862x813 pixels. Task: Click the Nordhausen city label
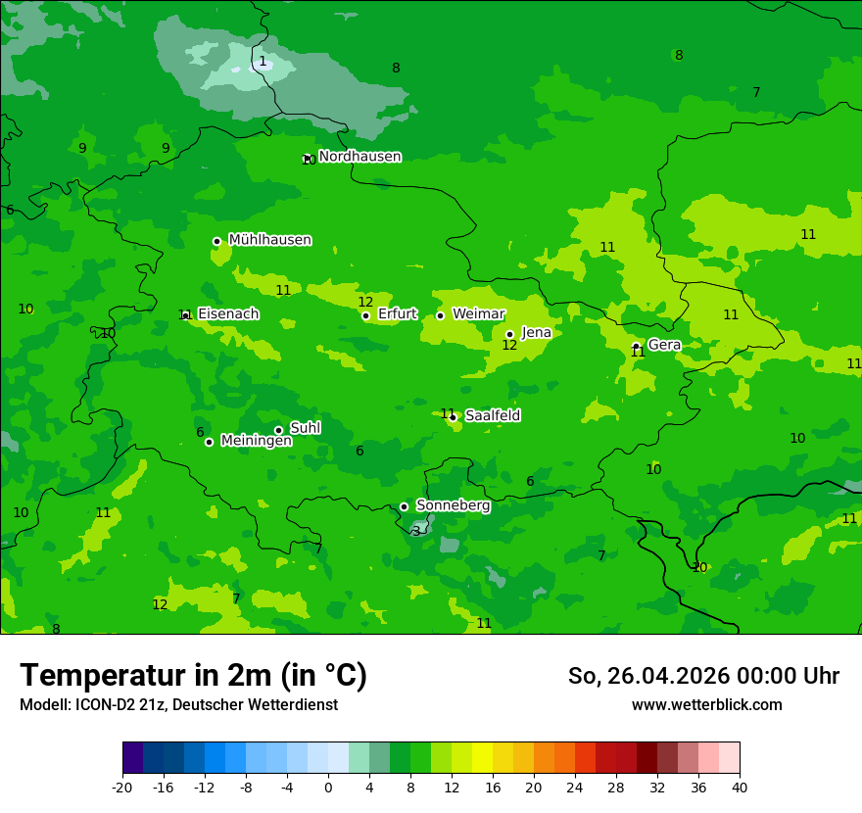click(359, 157)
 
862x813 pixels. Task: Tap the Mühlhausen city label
click(269, 240)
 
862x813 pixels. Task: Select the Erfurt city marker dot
click(365, 315)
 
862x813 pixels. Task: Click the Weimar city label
click(478, 314)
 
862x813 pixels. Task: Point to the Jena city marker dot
click(509, 334)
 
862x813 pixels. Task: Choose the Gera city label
click(664, 345)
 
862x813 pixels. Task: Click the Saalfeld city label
click(492, 415)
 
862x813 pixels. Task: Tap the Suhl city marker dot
click(278, 430)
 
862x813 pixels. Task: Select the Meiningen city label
click(256, 441)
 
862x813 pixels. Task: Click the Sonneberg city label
click(453, 505)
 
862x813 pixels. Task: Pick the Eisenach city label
click(228, 313)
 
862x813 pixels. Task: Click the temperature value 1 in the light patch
click(263, 62)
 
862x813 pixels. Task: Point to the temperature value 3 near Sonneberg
click(416, 531)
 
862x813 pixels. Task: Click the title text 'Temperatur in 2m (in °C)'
click(193, 676)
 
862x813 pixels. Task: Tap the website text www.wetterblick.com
click(706, 705)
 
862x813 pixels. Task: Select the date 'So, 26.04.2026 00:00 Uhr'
click(703, 676)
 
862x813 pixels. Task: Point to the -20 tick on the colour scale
click(122, 787)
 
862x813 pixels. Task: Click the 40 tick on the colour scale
click(740, 787)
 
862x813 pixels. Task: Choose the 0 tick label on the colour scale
click(328, 787)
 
